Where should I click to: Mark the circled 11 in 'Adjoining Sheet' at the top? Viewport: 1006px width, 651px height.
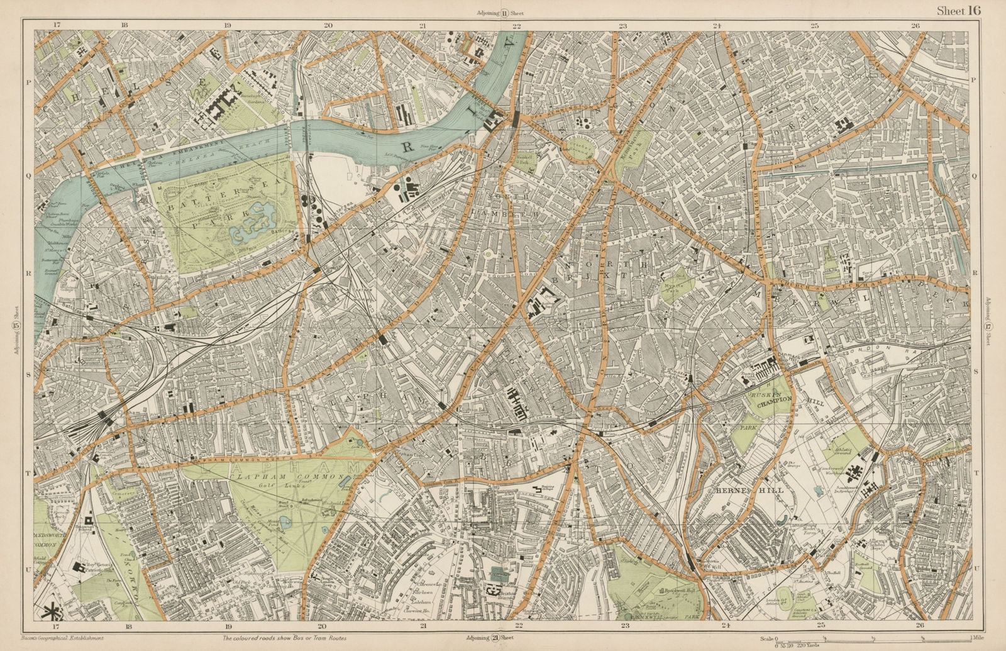(505, 12)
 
